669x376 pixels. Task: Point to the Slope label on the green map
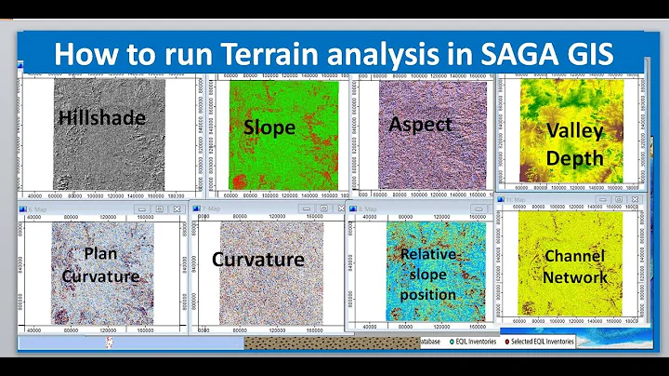pyautogui.click(x=269, y=127)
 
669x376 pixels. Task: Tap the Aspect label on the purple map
pyautogui.click(x=421, y=124)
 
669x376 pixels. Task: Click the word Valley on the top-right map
pyautogui.click(x=574, y=131)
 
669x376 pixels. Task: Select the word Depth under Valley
pyautogui.click(x=574, y=157)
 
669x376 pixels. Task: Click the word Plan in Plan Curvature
pyautogui.click(x=100, y=252)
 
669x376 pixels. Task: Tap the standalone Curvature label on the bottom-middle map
pyautogui.click(x=258, y=259)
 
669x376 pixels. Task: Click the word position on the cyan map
pyautogui.click(x=428, y=295)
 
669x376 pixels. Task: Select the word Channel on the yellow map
pyautogui.click(x=575, y=256)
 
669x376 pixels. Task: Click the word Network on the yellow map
pyautogui.click(x=575, y=276)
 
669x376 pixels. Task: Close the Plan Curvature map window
pyautogui.click(x=175, y=208)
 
